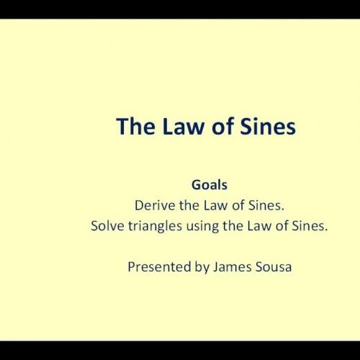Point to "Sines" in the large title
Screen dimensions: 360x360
tap(266, 127)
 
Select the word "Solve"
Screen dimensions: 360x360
tap(107, 225)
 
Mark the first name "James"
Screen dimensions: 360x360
tap(229, 266)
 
